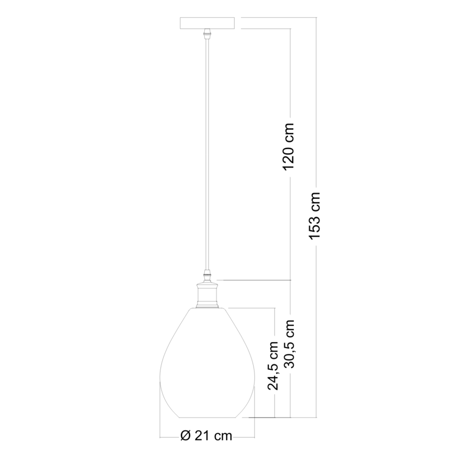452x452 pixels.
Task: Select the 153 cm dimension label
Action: (x=314, y=217)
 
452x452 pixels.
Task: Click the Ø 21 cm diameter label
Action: (x=207, y=436)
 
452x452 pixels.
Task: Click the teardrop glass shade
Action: (x=207, y=364)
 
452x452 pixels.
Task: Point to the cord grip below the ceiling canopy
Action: (x=207, y=34)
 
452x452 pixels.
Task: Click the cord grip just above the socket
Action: (x=207, y=276)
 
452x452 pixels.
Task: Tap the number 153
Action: (x=314, y=227)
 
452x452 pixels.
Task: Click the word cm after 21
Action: (x=222, y=436)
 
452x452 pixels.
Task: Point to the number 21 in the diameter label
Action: (x=202, y=436)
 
